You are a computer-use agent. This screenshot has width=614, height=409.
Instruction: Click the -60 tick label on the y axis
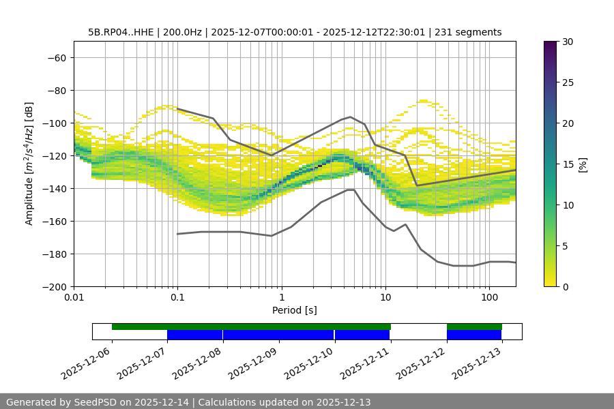(x=56, y=57)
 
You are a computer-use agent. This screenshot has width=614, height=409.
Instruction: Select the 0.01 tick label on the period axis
(x=74, y=298)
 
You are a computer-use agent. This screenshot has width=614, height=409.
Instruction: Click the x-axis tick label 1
(x=282, y=298)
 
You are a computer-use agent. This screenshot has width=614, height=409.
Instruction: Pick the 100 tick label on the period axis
(x=489, y=298)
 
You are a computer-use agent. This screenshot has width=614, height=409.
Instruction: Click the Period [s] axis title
(x=295, y=310)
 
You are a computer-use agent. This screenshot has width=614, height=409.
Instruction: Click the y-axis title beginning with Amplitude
(x=29, y=164)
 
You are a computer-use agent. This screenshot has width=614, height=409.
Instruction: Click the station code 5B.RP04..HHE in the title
(x=119, y=32)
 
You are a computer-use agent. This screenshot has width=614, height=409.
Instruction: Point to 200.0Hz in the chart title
(x=182, y=32)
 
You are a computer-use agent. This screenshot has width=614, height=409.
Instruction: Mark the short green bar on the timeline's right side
(x=474, y=327)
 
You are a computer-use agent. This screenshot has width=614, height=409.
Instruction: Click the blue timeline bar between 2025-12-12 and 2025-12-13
(x=474, y=335)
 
